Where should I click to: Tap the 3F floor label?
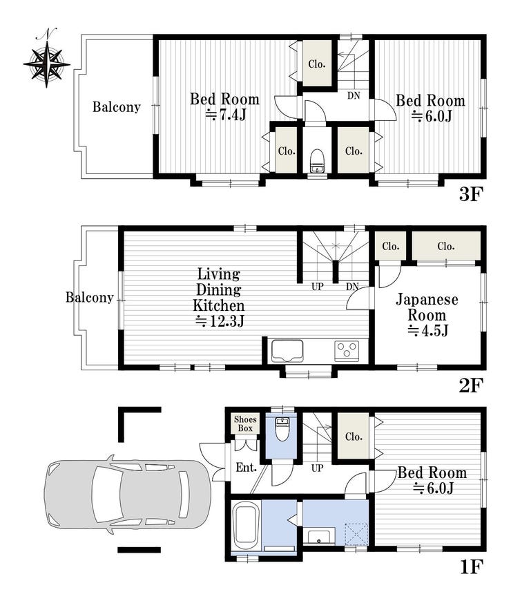pos(470,195)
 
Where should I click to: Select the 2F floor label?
pos(470,385)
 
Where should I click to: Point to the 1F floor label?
pos(471,566)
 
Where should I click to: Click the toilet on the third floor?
pos(317,162)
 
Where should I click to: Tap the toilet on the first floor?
pos(282,429)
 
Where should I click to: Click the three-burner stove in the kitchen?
pos(347,351)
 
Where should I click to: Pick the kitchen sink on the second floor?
pos(287,351)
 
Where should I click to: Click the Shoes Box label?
pos(245,423)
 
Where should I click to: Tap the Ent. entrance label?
pos(246,468)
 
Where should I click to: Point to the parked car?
pos(127,494)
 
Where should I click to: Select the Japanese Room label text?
pos(427,307)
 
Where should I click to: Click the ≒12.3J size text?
pos(219,321)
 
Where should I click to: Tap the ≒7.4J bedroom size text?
pos(226,115)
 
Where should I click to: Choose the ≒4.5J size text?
pos(427,330)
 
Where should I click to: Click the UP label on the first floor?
pos(317,468)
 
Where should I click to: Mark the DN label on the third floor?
pos(354,95)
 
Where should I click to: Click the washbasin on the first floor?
pos(319,536)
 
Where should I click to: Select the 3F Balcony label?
pos(117,107)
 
